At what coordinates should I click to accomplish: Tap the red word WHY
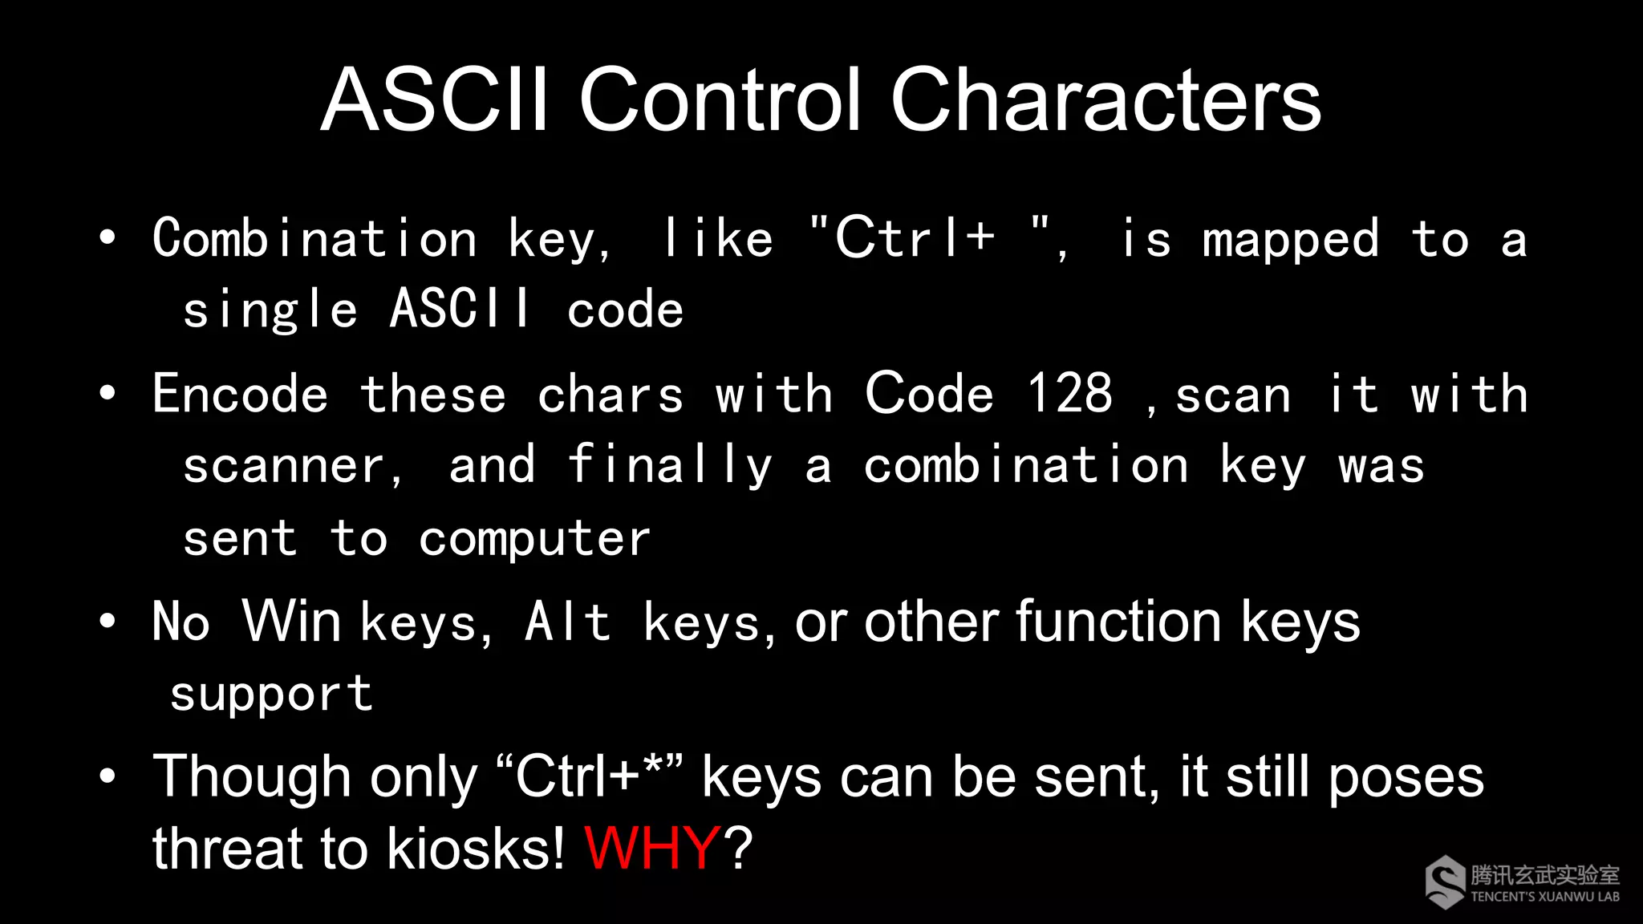coord(651,848)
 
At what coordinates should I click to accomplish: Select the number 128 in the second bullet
coord(1069,394)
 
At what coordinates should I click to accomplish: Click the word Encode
coord(240,394)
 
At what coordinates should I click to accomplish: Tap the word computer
coord(534,538)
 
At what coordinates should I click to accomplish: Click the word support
coord(271,693)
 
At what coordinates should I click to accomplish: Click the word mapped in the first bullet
coord(1290,239)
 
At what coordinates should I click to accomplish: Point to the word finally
coord(670,466)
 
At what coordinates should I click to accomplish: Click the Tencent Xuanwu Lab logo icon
coord(1445,883)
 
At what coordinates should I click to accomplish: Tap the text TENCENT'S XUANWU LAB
coord(1544,897)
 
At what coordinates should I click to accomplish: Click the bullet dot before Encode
coord(108,393)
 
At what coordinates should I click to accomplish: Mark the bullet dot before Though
coord(108,776)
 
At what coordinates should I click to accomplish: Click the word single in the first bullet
coord(270,310)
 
